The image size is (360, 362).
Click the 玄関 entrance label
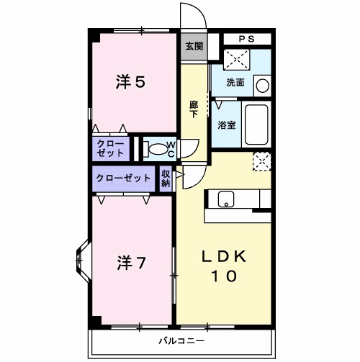point(193,46)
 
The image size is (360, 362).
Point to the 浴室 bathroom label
point(227,125)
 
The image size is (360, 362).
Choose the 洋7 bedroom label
point(132,263)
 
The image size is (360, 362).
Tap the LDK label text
point(223,257)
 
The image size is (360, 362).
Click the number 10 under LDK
point(223,276)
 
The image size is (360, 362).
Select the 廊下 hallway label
point(194,108)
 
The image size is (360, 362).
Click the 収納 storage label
point(166,178)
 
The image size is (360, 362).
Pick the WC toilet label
point(171,148)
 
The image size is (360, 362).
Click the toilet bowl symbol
point(154,148)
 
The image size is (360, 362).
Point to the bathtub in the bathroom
point(256,125)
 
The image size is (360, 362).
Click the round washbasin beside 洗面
point(262,85)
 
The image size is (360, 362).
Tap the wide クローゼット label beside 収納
point(122,178)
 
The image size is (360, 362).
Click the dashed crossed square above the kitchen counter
point(260,160)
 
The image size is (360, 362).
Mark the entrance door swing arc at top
point(191,16)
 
